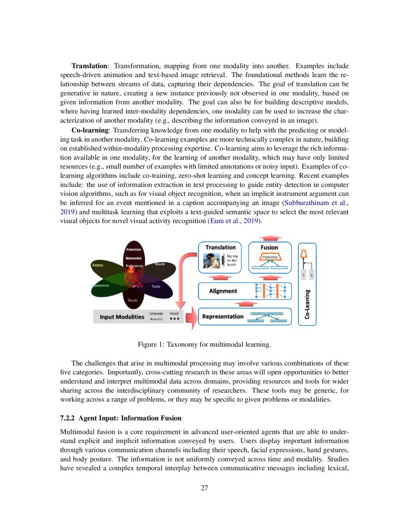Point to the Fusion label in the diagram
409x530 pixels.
coord(269,247)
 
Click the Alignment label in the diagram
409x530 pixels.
coord(223,291)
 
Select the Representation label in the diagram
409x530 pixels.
coord(223,317)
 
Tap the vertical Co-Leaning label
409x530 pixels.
coord(307,304)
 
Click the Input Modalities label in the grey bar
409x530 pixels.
coord(122,317)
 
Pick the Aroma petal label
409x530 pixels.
coord(97,265)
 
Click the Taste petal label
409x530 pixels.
coord(156,286)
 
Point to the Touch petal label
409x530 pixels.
coord(132,300)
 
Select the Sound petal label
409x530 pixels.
coord(160,264)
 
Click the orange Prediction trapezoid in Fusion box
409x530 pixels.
coord(269,257)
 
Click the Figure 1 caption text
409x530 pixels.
coord(204,344)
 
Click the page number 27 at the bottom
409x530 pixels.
coord(204,488)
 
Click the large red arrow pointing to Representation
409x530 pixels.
coord(191,317)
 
